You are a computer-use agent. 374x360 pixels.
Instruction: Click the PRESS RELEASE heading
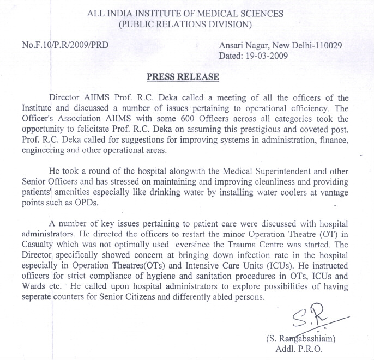click(x=183, y=77)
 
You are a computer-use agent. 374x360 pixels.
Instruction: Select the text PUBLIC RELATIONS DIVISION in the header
click(x=185, y=24)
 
